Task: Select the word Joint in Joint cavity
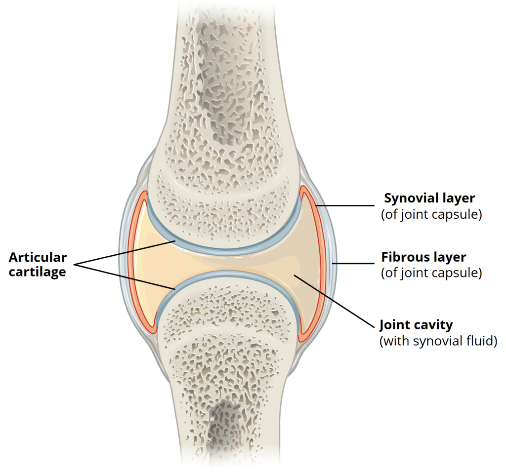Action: tap(395, 325)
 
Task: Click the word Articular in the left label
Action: tap(38, 257)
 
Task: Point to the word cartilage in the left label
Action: tap(38, 272)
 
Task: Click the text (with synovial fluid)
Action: tap(437, 341)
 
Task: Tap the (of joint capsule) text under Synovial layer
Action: tap(431, 215)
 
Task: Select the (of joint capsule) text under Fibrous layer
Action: tap(431, 274)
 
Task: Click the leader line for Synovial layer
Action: tap(346, 206)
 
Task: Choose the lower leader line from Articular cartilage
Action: tap(124, 275)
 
